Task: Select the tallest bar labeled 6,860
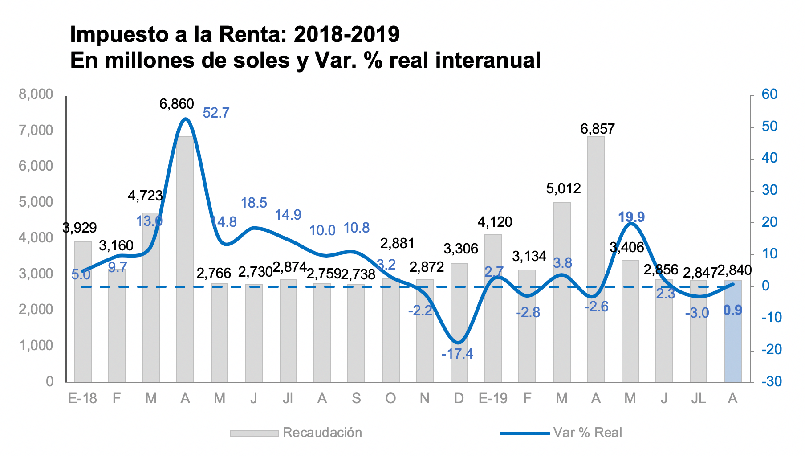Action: click(185, 258)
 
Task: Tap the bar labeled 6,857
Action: click(596, 258)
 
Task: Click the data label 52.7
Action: click(216, 113)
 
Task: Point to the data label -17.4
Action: click(457, 354)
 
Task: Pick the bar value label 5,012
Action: click(563, 189)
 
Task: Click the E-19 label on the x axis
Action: click(493, 398)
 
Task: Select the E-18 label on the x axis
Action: click(82, 398)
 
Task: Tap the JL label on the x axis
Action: click(698, 398)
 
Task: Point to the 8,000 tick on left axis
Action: click(36, 94)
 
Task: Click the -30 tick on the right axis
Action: click(771, 381)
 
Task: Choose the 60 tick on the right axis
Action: click(769, 94)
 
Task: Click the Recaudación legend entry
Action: click(322, 433)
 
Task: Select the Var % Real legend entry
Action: click(587, 433)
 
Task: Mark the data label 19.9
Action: click(631, 217)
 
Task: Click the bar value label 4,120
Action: click(495, 222)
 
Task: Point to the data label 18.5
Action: click(254, 203)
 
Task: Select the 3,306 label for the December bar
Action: click(461, 249)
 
